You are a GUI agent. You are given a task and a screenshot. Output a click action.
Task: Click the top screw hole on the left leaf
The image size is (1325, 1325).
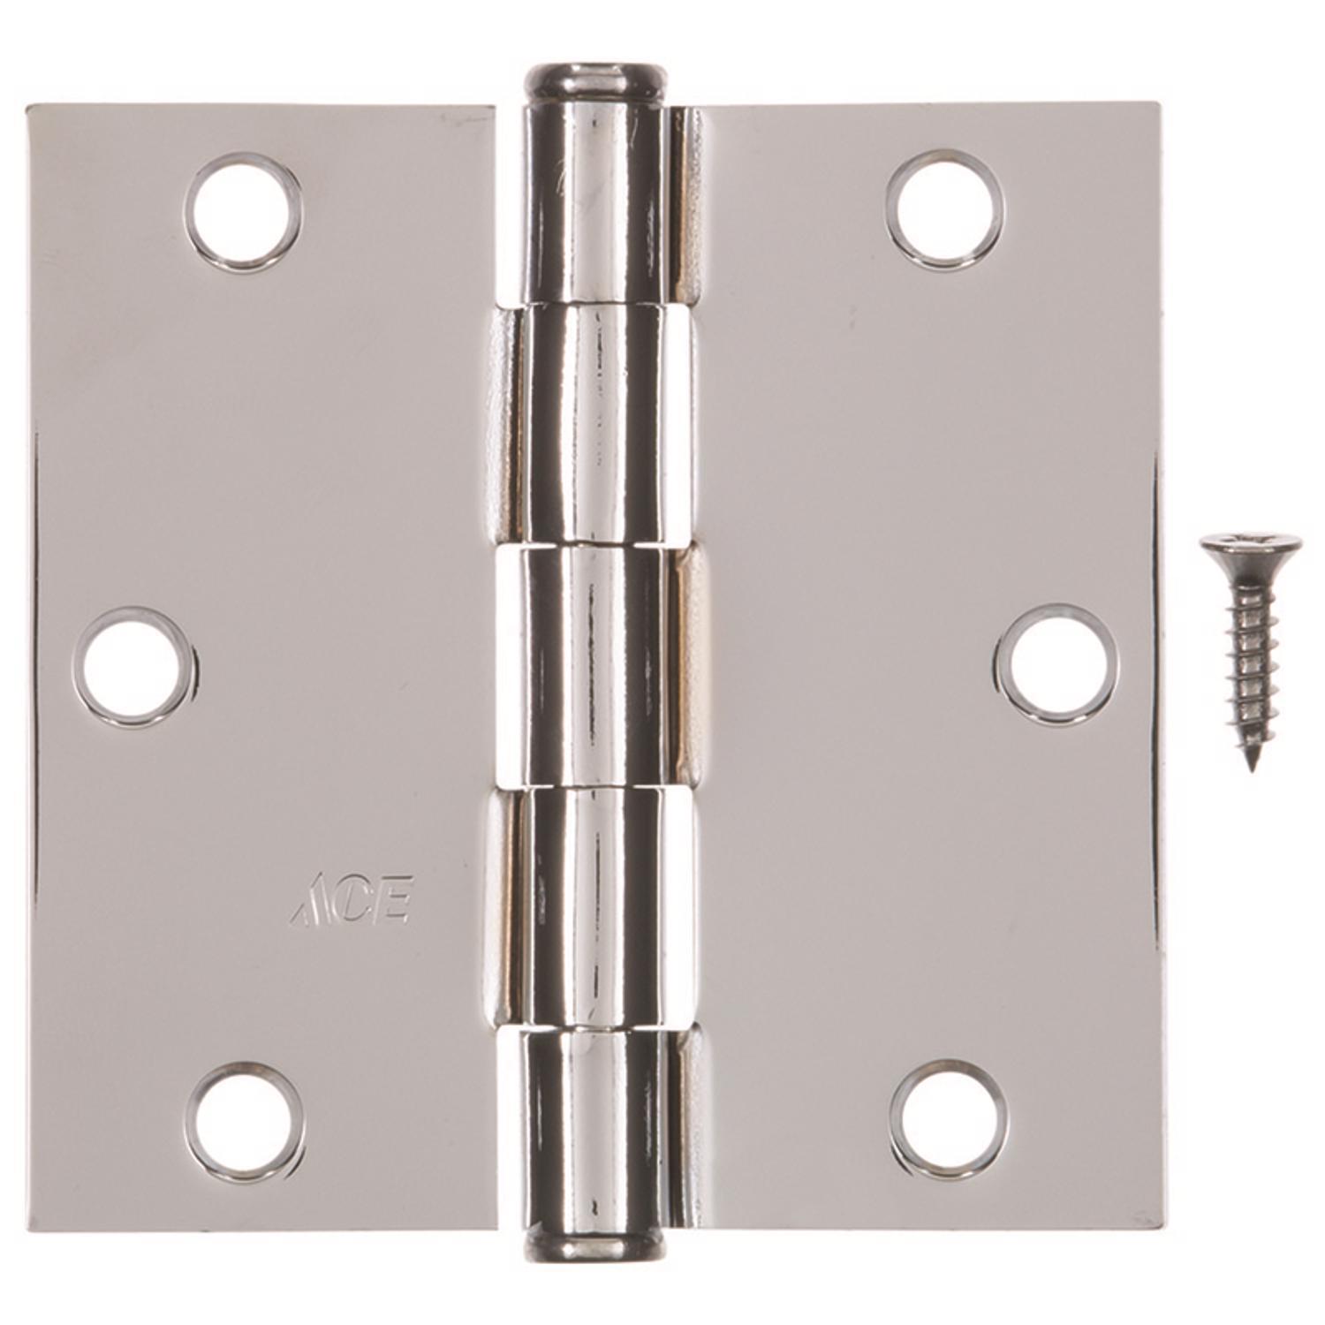tap(243, 212)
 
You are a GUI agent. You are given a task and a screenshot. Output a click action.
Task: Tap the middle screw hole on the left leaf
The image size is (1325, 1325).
tap(133, 666)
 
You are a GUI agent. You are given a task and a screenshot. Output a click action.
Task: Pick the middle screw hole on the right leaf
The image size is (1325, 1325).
tap(1056, 664)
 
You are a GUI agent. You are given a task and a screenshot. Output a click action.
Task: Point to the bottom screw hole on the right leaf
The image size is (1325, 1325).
tap(949, 1119)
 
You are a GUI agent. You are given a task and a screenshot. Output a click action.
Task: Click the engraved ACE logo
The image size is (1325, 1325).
tap(352, 901)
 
